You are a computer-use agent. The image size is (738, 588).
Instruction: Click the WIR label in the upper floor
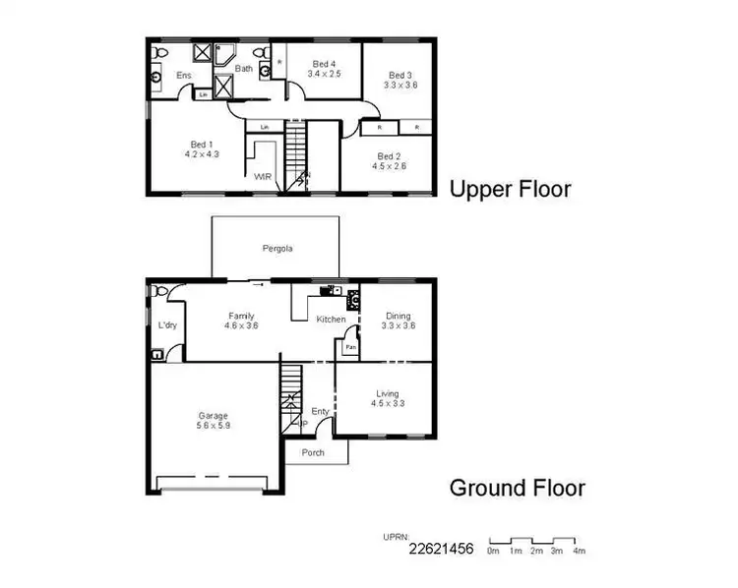263,177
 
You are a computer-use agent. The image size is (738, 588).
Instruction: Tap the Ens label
184,75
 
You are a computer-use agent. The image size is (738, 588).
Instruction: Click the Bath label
244,69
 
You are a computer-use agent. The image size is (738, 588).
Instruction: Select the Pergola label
277,249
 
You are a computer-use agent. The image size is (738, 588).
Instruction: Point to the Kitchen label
329,320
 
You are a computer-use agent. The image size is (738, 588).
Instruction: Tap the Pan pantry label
349,347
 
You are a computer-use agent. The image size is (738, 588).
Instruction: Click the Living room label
386,398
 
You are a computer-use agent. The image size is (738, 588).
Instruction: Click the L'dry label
166,325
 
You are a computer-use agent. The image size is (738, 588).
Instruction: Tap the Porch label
313,452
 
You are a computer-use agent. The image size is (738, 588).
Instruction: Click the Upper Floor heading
510,189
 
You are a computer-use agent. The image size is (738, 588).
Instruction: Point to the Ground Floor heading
518,488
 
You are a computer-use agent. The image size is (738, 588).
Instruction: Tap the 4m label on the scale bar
581,552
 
